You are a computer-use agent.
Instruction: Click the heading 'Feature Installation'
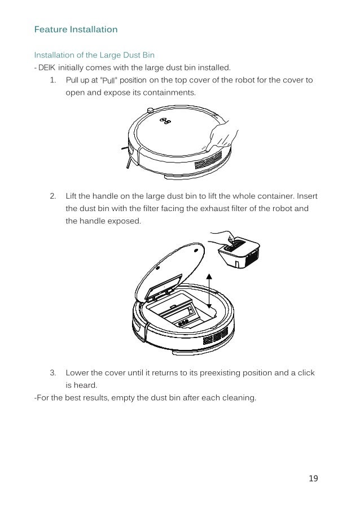click(x=76, y=29)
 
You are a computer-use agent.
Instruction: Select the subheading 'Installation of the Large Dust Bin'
click(x=94, y=55)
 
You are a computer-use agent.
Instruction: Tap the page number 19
click(x=314, y=479)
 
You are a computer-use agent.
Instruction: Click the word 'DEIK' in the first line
click(x=47, y=68)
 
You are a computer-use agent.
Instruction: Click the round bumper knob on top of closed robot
click(x=150, y=109)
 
